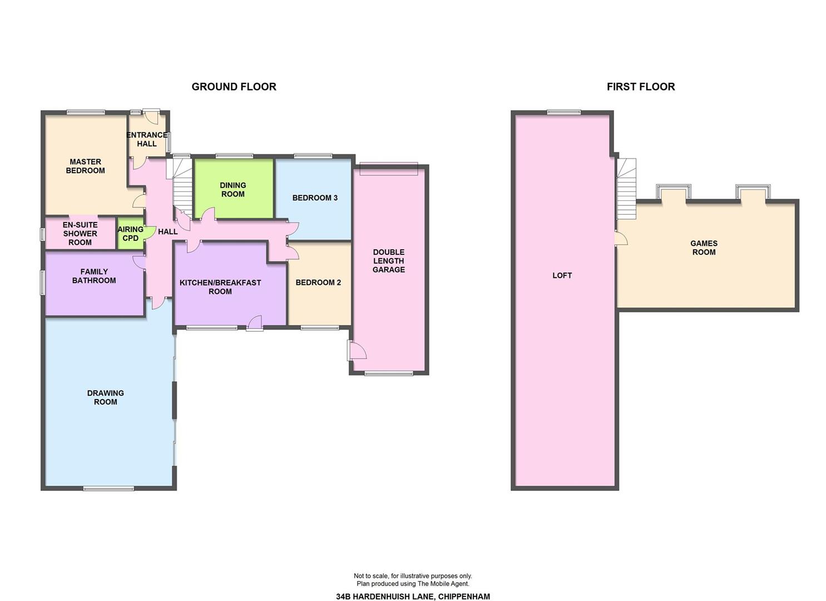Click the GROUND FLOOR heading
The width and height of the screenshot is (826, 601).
coord(234,87)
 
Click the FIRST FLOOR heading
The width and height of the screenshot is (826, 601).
coord(641,87)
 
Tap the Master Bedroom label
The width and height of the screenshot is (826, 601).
coord(85,166)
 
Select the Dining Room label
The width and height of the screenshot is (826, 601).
coord(233,190)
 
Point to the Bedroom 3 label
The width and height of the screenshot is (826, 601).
coord(315,198)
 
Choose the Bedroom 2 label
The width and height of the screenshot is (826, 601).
coord(318,283)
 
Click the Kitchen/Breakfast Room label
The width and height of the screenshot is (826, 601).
coord(220,287)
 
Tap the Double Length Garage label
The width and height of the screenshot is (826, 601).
coord(389,261)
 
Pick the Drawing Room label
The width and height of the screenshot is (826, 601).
coord(106,397)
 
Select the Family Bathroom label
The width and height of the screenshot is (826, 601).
coord(94,276)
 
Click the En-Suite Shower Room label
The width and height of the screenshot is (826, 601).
coord(80,234)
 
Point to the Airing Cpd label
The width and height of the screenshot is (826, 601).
coord(131,234)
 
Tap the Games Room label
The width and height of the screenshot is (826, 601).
coord(704,248)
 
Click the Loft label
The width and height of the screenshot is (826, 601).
coord(562,275)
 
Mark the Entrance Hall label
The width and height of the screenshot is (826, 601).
coord(147,140)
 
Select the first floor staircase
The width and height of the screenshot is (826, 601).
coord(626,189)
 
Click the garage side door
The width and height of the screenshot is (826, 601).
coord(356,350)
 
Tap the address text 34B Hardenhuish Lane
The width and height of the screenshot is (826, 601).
coord(385,586)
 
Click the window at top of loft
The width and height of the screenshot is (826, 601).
coord(564,112)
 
